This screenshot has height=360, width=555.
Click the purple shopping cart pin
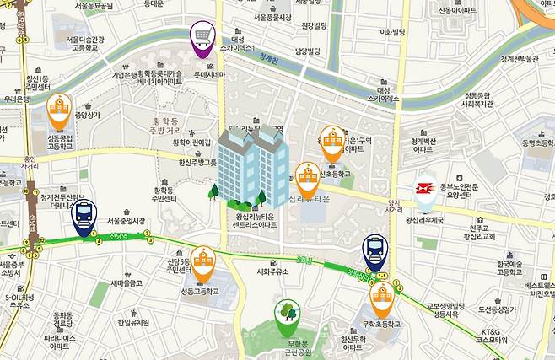pos(202,37)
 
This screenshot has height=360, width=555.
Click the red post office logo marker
pos(424,192)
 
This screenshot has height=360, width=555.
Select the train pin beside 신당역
pos(84,218)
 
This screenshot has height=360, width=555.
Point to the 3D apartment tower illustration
pos(251,166)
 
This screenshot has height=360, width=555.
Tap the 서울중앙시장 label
pos(127,221)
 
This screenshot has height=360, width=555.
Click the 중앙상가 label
pos(87,115)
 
